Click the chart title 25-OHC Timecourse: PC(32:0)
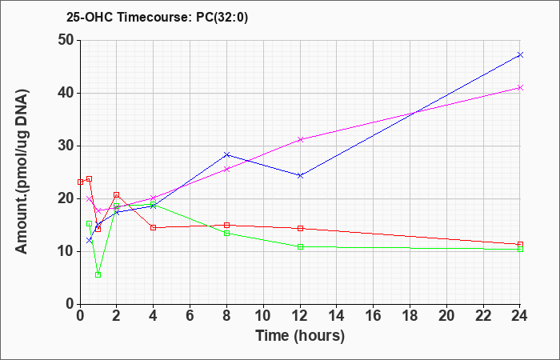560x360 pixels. tap(157, 18)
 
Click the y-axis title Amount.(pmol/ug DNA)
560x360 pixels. tap(22, 172)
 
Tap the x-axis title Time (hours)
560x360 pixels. tap(300, 336)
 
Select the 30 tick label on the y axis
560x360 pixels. tap(66, 146)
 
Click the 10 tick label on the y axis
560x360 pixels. tap(66, 251)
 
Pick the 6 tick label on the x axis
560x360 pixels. tap(190, 316)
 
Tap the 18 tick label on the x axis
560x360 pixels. tap(410, 316)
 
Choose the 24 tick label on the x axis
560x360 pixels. tap(519, 316)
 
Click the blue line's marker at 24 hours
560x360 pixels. tap(520, 54)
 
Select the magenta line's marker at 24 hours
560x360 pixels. tap(520, 88)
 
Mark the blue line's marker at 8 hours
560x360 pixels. tap(226, 154)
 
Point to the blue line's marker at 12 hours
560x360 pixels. tap(300, 175)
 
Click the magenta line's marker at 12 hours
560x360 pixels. tap(300, 140)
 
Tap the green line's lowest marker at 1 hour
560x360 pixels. tap(98, 274)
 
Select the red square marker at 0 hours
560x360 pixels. tap(80, 182)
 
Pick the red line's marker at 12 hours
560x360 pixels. tap(300, 228)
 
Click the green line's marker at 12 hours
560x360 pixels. tap(300, 246)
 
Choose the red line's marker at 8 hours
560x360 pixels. tap(226, 225)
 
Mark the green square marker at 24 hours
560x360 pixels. tap(520, 250)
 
